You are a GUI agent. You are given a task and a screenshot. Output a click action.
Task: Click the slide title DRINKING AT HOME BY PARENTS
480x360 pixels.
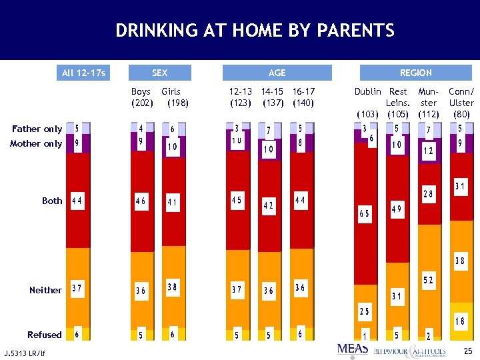(255, 31)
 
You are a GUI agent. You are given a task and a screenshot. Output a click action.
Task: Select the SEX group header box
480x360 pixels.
(159, 73)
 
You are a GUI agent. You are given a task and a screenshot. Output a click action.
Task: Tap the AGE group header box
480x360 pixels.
(277, 73)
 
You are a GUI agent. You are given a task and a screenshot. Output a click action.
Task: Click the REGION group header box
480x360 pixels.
(415, 73)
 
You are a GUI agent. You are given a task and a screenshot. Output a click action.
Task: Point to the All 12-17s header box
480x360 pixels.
(83, 73)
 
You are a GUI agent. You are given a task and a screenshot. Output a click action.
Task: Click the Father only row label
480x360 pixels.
(37, 129)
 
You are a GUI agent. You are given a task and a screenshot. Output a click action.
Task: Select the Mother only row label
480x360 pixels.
(36, 143)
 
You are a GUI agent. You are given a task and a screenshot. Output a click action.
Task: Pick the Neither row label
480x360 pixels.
(45, 290)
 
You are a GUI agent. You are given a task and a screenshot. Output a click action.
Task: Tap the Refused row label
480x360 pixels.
(44, 335)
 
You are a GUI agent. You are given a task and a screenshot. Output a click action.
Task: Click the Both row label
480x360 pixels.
(52, 201)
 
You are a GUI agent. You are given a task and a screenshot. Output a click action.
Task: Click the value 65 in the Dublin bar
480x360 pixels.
(365, 213)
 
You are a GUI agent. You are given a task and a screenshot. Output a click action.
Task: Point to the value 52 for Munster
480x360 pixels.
(427, 281)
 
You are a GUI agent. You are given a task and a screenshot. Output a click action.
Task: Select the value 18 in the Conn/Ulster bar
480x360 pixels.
(460, 321)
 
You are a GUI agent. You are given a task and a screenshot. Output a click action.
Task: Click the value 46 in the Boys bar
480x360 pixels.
(141, 200)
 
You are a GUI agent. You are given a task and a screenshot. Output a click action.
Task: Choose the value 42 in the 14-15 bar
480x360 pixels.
(268, 206)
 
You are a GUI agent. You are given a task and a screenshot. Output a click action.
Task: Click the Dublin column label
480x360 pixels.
(367, 91)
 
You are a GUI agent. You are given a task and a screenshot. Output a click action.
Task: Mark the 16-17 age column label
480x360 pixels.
(304, 91)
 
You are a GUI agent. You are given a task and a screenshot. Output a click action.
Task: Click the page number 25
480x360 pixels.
(467, 351)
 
